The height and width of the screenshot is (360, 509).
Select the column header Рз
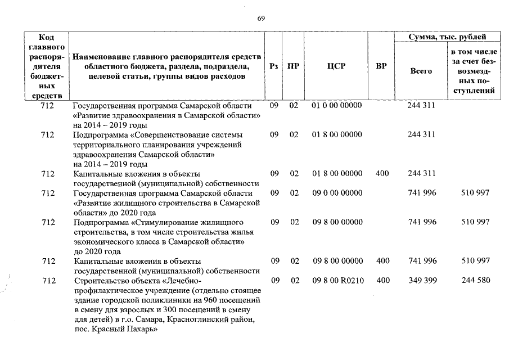tap(273, 66)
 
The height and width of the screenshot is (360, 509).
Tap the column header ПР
tap(293, 66)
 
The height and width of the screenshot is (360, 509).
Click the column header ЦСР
tap(336, 66)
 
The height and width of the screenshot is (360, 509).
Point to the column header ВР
tap(381, 66)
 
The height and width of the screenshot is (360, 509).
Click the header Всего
tap(421, 71)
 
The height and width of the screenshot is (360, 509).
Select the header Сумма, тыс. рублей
tap(448, 37)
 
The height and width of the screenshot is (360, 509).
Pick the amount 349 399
tap(421, 280)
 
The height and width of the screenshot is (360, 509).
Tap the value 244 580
tap(475, 280)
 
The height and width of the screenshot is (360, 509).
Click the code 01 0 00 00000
tap(337, 105)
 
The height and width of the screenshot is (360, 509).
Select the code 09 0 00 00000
tap(337, 193)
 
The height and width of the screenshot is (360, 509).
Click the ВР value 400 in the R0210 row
tap(382, 280)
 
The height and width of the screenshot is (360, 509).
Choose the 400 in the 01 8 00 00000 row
tap(382, 173)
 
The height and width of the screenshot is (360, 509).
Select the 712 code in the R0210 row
tap(48, 280)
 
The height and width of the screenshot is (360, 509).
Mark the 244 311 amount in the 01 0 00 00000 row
tap(421, 105)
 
